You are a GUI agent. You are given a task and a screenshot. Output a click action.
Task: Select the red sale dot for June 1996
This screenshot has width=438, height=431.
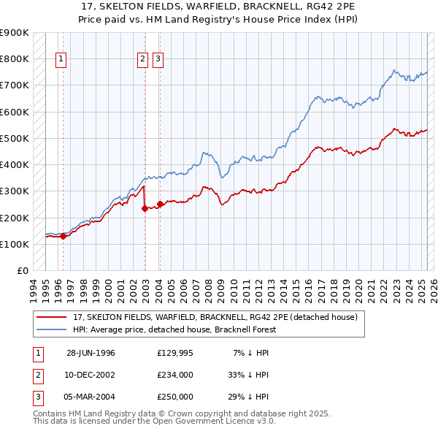(x=64, y=236)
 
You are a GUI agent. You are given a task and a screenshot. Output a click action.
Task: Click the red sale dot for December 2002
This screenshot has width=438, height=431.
(x=145, y=208)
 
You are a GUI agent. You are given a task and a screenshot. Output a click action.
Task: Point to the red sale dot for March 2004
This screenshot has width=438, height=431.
(x=160, y=204)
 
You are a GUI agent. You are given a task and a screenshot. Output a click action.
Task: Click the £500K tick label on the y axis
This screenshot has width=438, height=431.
(x=15, y=138)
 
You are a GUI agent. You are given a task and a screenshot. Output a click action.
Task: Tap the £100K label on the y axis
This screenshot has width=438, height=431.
(x=15, y=244)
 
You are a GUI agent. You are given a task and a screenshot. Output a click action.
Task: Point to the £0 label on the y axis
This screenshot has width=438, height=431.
(x=22, y=270)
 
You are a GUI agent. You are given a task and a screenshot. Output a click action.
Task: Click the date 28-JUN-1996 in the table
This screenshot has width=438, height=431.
(x=91, y=353)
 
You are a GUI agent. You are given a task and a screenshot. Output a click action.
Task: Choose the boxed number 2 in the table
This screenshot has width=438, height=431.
(x=37, y=375)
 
